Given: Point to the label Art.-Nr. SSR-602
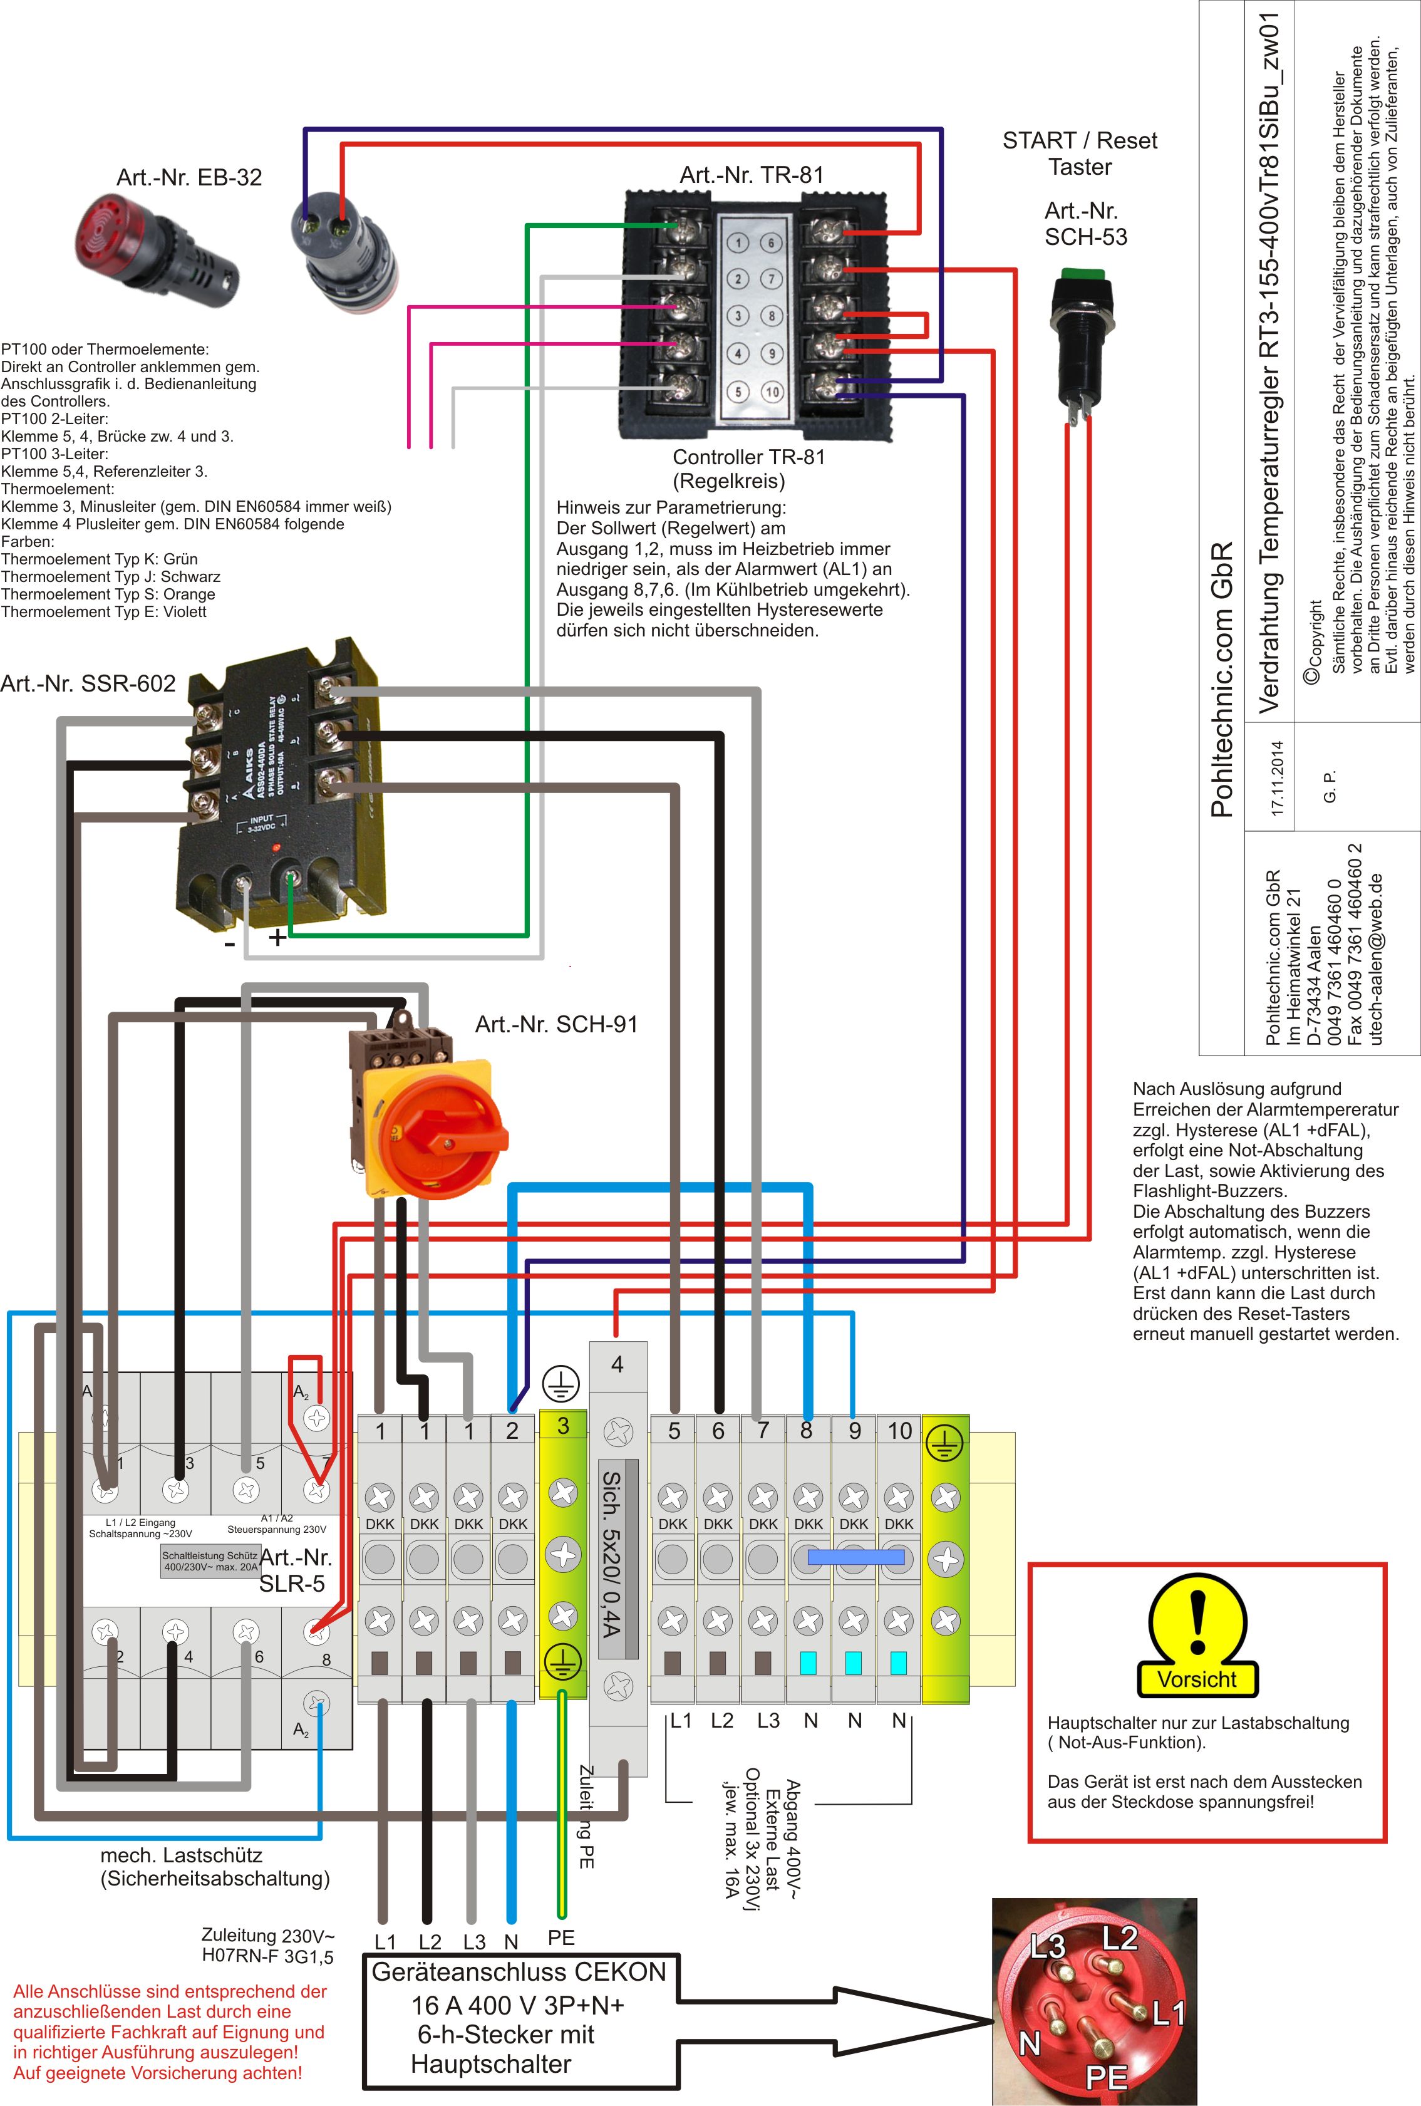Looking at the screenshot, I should click(88, 683).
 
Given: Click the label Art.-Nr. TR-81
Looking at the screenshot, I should click(752, 175).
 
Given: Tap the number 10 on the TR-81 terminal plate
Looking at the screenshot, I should click(771, 392).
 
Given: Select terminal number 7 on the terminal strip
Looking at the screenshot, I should click(762, 1430).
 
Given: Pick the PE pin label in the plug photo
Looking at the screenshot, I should click(1105, 2074).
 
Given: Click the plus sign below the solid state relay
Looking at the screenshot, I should click(277, 937).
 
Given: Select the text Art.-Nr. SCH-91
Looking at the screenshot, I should click(556, 1024).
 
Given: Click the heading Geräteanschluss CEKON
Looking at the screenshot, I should click(519, 1972).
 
